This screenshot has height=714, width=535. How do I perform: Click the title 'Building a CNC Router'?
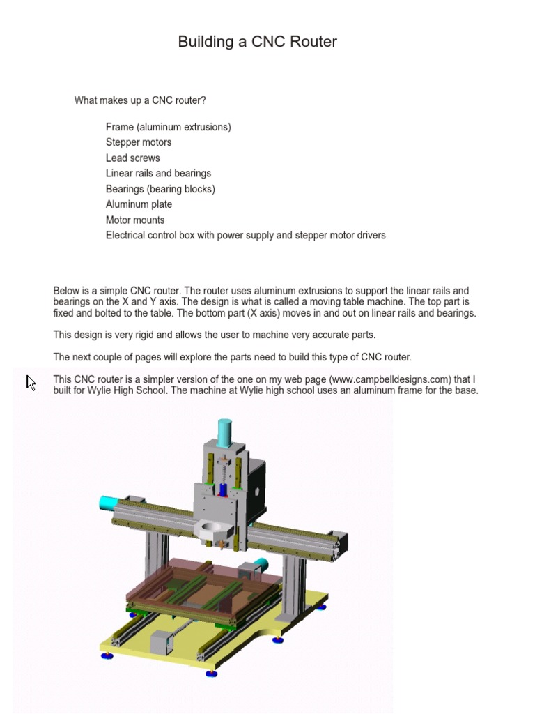[x=257, y=42]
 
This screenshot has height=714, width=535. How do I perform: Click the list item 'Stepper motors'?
[x=139, y=142]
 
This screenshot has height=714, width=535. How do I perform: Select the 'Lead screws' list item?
[x=132, y=158]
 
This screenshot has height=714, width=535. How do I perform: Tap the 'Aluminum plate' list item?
[x=139, y=204]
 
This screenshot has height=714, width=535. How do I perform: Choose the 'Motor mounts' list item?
[x=135, y=220]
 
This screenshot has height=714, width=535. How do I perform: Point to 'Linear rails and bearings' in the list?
[x=158, y=173]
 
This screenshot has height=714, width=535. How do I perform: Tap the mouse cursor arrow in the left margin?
[x=31, y=383]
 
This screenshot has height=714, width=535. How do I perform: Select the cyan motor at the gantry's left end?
[x=109, y=503]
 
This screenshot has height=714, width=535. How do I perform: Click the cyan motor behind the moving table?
[x=260, y=565]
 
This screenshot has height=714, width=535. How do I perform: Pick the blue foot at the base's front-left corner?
[x=107, y=655]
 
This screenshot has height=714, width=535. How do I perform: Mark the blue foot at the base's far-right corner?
[x=321, y=607]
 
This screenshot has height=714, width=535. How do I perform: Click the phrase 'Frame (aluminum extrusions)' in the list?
[x=168, y=127]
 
